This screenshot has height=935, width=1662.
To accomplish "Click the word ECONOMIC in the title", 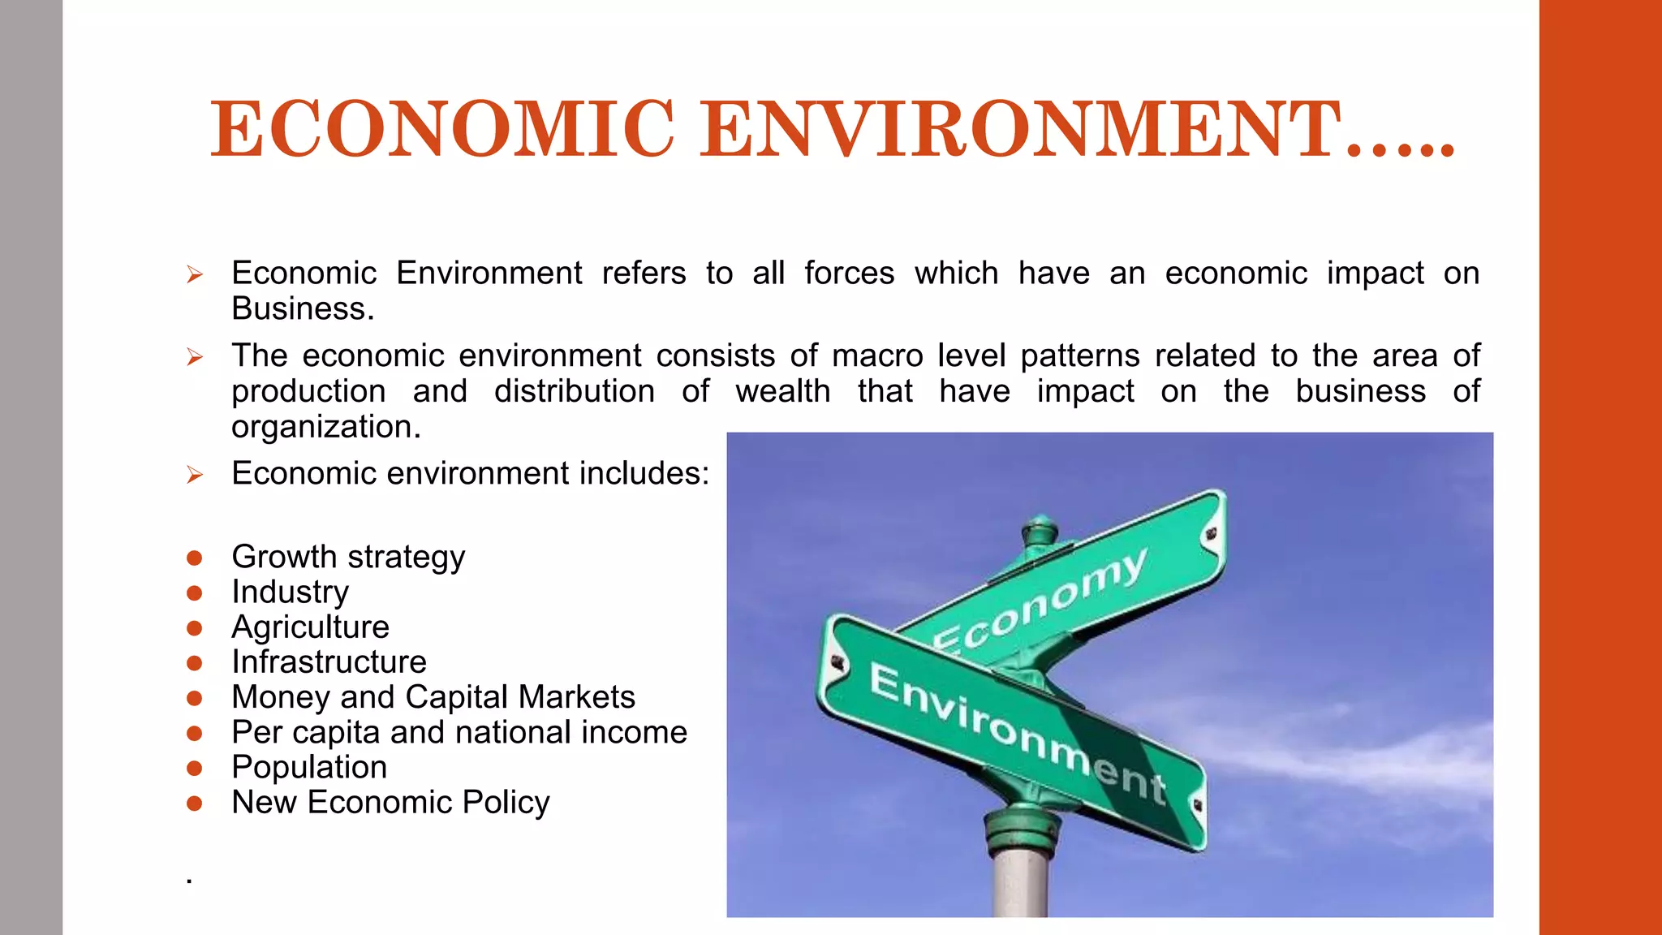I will point(442,129).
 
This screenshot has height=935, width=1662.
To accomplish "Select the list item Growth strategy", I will point(348,557).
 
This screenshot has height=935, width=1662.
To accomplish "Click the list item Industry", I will point(290,592).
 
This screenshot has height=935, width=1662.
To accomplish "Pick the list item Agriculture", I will point(310,627).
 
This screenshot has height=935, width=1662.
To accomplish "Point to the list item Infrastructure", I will point(329,661).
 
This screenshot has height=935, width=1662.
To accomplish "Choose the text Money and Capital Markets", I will point(433,696).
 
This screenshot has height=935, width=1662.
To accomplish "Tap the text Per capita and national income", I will point(459,732).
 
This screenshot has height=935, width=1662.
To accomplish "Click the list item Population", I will point(309,767).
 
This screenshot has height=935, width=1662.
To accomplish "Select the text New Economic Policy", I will point(390,802).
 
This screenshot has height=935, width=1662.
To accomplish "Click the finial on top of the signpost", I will point(1040,532).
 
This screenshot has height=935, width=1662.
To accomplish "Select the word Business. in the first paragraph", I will point(303,309).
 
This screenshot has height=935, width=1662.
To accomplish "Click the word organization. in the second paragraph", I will point(326,427).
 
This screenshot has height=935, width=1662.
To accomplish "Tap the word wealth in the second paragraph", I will point(783,391).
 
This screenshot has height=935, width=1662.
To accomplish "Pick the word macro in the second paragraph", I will point(877,355).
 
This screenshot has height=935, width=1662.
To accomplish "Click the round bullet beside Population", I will point(194,768).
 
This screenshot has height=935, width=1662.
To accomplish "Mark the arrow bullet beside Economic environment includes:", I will point(194,474).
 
